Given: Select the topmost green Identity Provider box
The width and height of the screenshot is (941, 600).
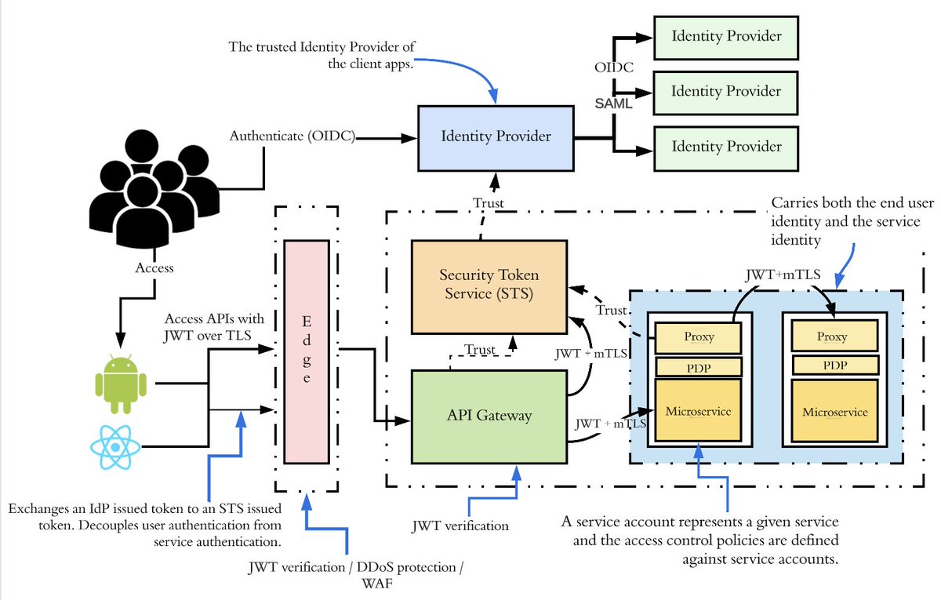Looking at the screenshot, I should coord(725,36).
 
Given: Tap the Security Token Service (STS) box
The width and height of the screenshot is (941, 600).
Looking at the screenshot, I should coord(489,286).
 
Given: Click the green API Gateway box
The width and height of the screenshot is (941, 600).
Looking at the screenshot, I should coord(489,416).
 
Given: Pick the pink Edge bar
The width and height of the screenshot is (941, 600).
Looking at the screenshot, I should coord(306,351).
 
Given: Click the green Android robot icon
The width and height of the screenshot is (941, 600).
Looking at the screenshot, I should coord(121,384).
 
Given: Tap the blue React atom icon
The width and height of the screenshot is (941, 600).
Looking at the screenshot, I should coord(115,447).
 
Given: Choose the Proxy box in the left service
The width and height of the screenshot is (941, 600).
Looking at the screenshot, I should coord(699,336).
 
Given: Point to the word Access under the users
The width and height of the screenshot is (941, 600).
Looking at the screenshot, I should coord(154,267).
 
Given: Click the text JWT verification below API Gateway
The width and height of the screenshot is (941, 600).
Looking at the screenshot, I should coord(460,525).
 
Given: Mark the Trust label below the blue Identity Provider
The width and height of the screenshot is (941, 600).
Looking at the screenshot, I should coord(489,203).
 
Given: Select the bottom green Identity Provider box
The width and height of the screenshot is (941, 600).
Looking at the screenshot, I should coord(725,146).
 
